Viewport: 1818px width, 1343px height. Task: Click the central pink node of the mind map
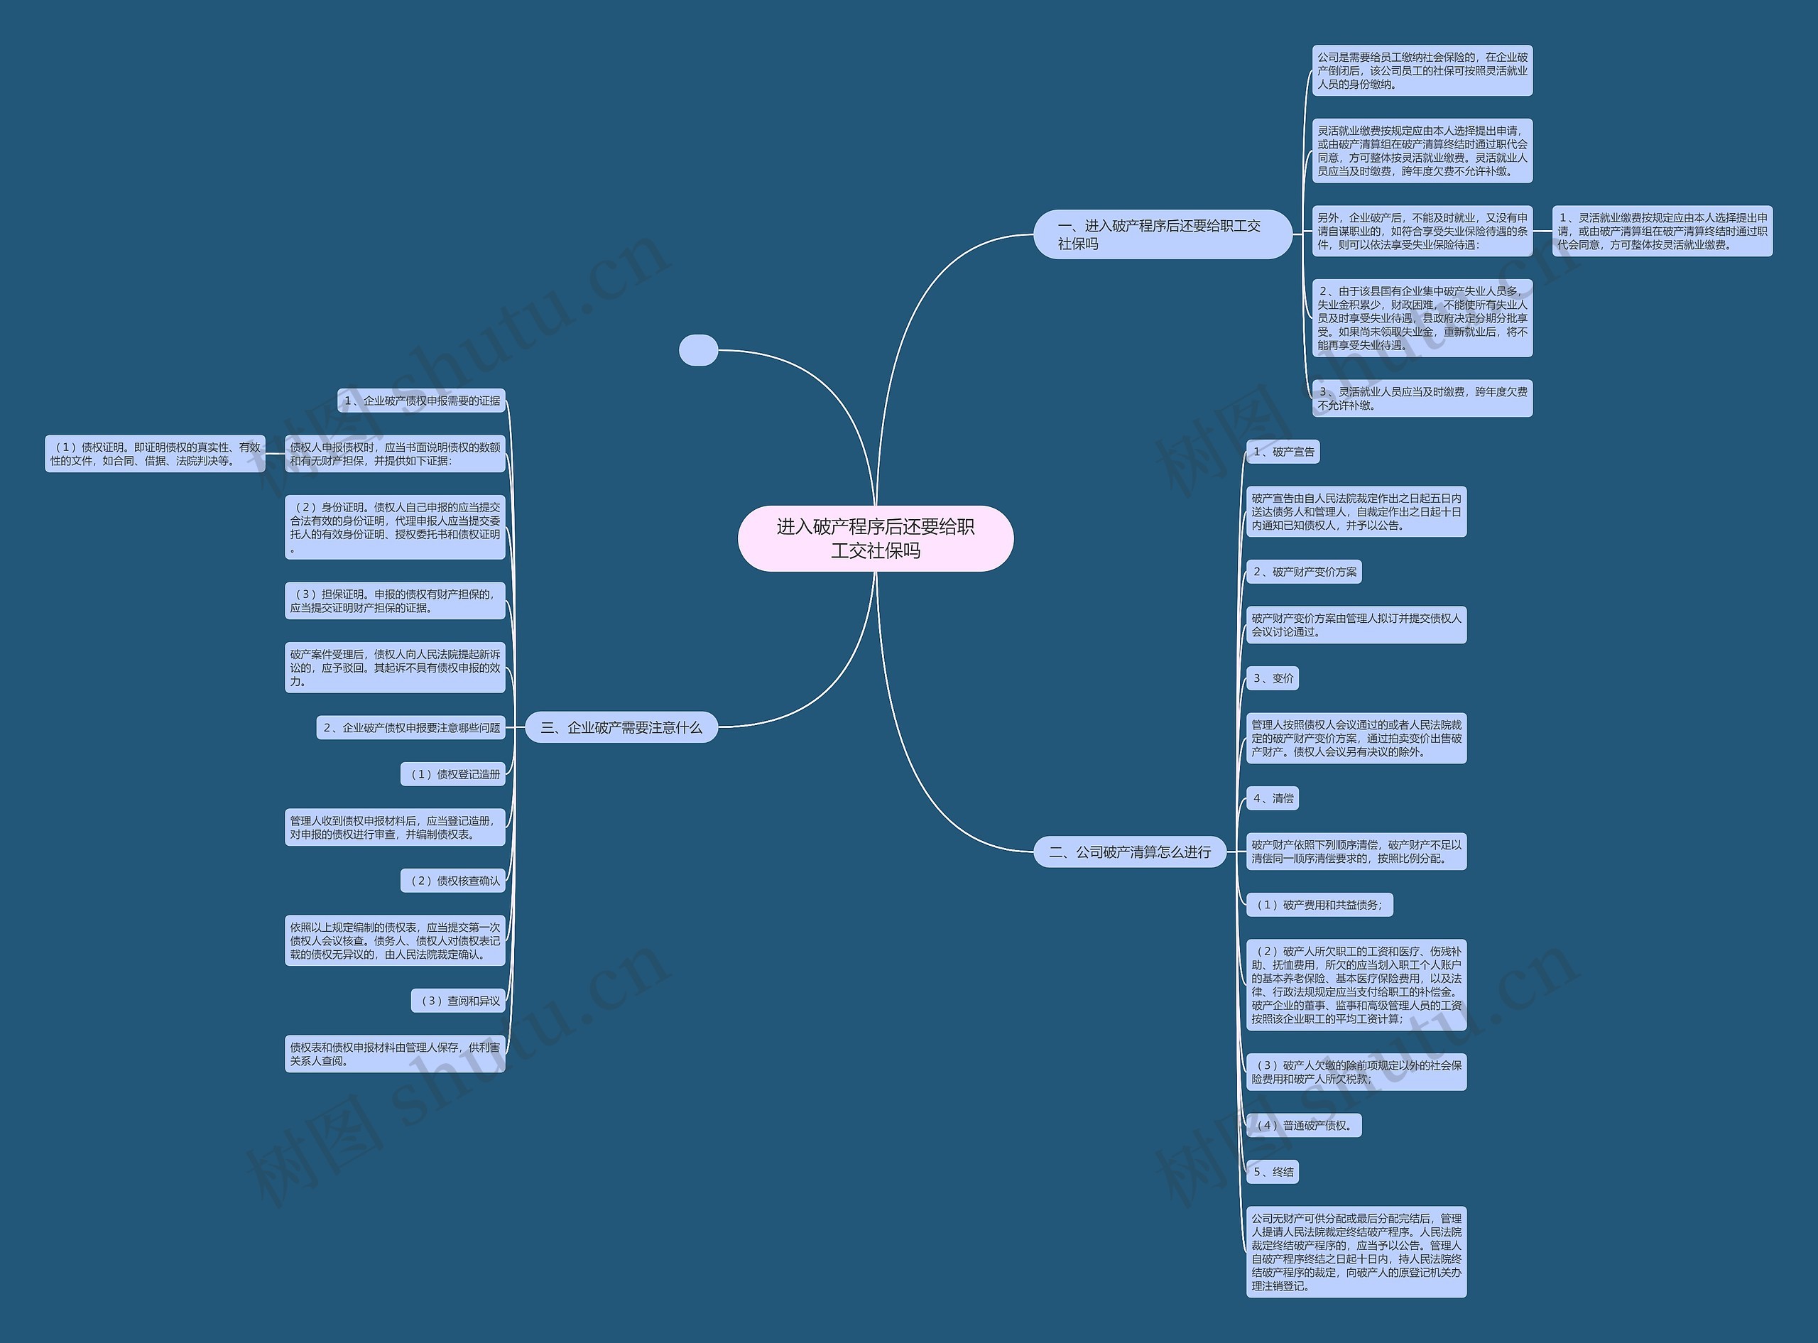click(876, 538)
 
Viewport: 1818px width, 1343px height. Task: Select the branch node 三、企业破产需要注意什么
click(621, 727)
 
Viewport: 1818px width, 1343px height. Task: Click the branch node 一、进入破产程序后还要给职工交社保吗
click(1162, 234)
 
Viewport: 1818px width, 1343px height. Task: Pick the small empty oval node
click(698, 349)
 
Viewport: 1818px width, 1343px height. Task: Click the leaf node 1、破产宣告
click(1283, 452)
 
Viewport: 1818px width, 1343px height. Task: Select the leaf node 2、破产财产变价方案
click(1304, 572)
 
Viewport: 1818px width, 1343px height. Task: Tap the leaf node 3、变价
click(1273, 678)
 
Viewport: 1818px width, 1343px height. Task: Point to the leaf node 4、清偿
click(1273, 798)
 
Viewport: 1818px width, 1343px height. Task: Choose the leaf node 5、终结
click(1273, 1171)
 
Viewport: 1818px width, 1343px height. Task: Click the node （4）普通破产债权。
click(1304, 1125)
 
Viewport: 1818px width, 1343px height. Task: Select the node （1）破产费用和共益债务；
click(1319, 905)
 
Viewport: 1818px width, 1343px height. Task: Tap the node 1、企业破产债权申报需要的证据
click(421, 401)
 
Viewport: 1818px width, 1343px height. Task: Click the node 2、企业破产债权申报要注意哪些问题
click(410, 727)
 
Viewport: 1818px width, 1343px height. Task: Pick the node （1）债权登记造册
click(452, 774)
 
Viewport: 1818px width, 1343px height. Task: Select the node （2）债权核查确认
click(452, 881)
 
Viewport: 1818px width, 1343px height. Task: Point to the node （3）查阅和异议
click(458, 1001)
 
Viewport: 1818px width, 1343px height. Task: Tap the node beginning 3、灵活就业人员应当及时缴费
click(1422, 398)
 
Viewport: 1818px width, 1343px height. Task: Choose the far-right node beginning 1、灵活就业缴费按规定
click(1662, 231)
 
